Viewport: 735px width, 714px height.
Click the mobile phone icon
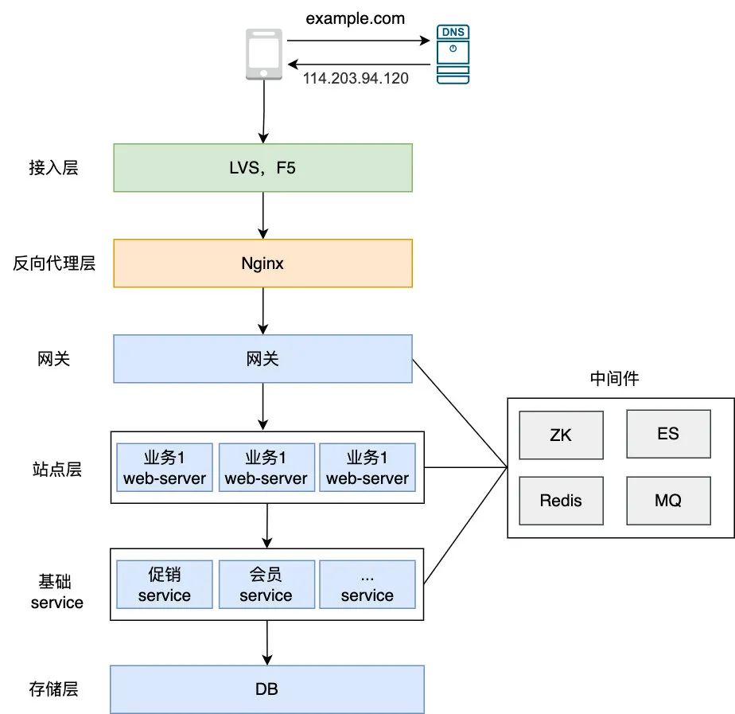(262, 54)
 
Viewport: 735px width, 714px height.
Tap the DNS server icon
(452, 54)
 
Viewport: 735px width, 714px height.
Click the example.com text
(356, 18)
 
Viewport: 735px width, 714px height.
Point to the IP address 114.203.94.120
(356, 79)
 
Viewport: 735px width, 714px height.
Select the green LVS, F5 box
(262, 167)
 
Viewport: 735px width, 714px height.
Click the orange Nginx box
(262, 263)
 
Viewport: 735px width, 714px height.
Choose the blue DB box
(266, 689)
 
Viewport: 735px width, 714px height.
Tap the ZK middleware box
(560, 435)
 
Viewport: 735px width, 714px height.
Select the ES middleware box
(668, 434)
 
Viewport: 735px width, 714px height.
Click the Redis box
(560, 501)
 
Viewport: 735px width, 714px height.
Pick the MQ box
(668, 501)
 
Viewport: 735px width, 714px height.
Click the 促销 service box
(165, 585)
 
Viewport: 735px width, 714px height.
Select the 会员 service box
(266, 585)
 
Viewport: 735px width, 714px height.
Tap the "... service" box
(367, 585)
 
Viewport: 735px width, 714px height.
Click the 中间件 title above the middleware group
(614, 379)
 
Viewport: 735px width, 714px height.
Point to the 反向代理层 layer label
(54, 263)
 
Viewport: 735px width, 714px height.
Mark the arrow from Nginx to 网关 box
(262, 310)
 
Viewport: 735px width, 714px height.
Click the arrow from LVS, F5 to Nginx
(262, 215)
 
